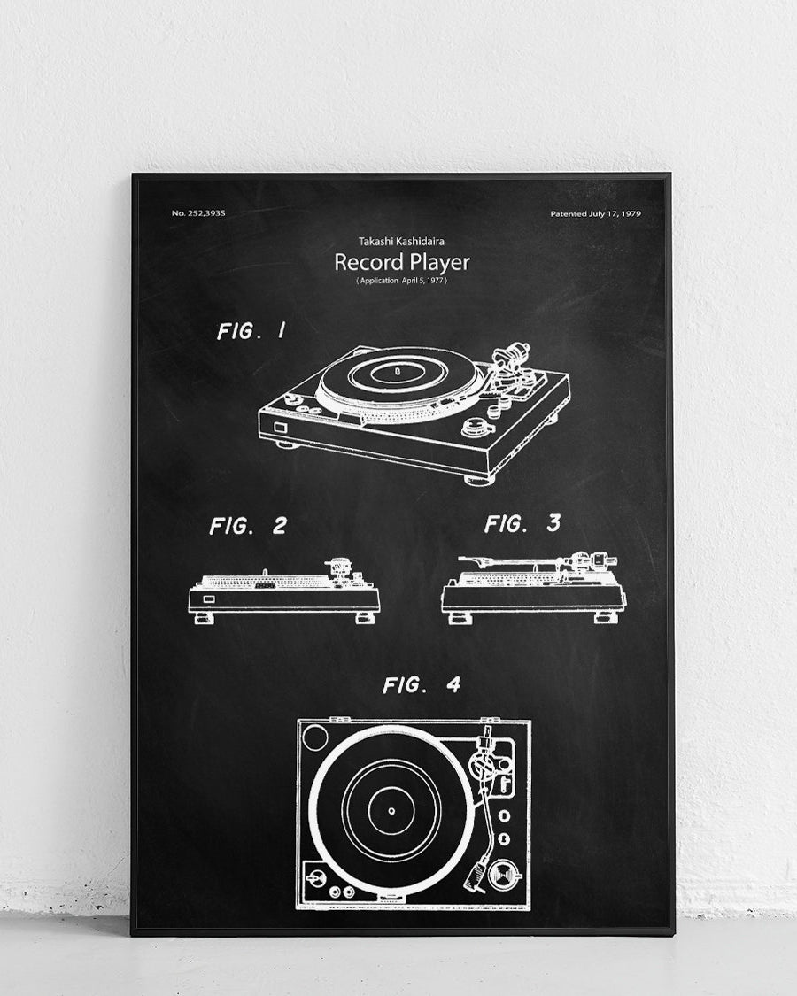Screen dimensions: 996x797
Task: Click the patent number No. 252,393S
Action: point(199,213)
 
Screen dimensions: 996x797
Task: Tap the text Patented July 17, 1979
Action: point(595,213)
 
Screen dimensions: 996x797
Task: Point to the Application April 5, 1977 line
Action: point(401,281)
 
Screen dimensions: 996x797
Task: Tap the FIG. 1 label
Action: point(251,332)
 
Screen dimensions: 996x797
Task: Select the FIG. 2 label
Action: point(248,526)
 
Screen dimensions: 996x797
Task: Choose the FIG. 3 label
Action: point(522,523)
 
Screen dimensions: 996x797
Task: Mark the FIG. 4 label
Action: point(422,684)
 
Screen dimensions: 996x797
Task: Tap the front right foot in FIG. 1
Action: point(479,479)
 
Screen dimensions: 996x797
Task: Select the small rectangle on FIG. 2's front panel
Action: point(207,598)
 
